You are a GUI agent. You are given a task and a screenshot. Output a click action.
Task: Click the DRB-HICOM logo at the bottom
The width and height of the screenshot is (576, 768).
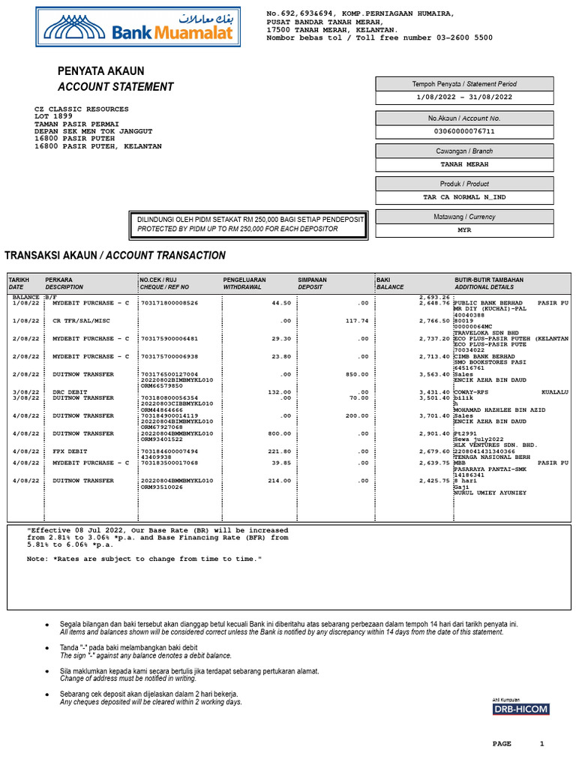point(520,709)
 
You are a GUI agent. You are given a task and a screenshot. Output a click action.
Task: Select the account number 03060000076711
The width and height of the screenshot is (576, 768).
point(464,131)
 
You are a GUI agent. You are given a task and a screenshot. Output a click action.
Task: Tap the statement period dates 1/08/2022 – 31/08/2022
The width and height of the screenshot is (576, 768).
point(464,97)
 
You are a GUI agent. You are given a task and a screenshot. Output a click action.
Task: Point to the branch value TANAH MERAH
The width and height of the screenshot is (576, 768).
point(464,164)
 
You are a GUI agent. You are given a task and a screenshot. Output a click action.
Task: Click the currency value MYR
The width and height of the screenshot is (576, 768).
point(464,230)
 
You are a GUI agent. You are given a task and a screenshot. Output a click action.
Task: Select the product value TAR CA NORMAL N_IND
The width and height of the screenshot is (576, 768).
point(464,197)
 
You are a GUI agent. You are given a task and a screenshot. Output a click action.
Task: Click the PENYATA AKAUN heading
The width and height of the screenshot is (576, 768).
point(100,71)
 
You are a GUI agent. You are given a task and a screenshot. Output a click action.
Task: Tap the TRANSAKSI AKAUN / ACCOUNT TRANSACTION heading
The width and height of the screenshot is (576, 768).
point(115,256)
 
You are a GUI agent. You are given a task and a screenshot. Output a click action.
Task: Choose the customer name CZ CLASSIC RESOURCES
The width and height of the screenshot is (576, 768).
point(82,109)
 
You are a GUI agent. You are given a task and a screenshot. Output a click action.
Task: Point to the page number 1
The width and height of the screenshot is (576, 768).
point(542,743)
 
